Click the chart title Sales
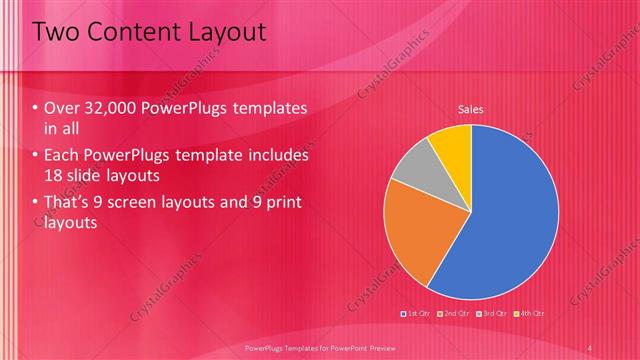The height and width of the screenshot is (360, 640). click(471, 108)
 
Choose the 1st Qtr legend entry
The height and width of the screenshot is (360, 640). click(416, 314)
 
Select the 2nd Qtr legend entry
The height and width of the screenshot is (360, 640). click(454, 314)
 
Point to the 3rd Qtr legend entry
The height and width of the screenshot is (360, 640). click(492, 314)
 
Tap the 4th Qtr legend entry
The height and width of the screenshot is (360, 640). click(530, 314)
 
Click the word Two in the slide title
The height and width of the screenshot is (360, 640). click(57, 33)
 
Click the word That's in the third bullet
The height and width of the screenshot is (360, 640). click(67, 204)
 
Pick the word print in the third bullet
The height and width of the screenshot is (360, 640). click(281, 204)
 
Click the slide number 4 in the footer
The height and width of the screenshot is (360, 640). click(590, 346)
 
